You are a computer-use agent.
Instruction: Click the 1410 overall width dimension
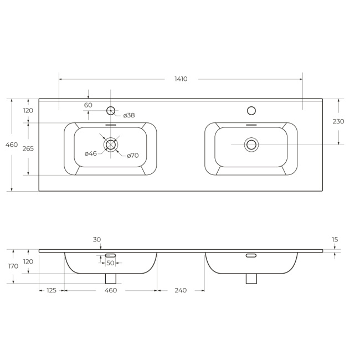[x=181, y=79]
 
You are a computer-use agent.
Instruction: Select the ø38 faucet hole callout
[x=129, y=115]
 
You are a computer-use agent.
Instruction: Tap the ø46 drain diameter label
[x=91, y=153]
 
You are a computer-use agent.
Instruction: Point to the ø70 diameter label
[x=133, y=156]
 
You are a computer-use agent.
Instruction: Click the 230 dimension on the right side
[x=338, y=121]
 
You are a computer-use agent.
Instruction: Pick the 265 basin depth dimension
[x=28, y=149]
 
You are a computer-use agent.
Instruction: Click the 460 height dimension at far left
[x=12, y=145]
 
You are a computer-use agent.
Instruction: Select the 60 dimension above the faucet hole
[x=88, y=105]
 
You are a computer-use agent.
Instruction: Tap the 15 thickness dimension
[x=335, y=240]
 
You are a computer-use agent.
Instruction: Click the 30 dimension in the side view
[x=97, y=240]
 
